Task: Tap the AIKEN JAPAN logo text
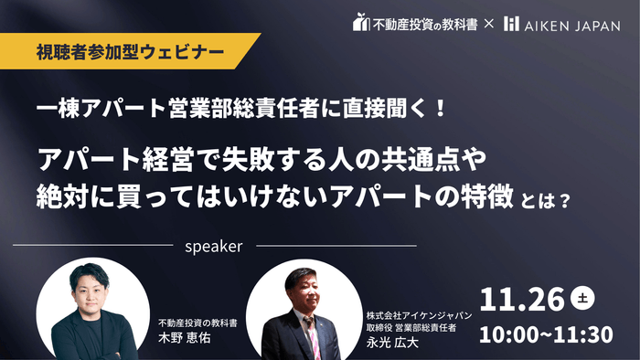(571, 22)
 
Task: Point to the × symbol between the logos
(489, 22)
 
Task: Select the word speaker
(212, 246)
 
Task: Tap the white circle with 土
(581, 297)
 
